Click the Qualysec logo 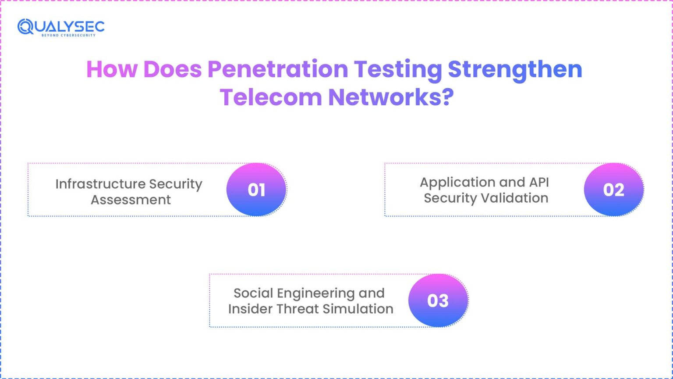pos(61,27)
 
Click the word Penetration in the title pos(277,69)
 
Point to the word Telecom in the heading pos(271,97)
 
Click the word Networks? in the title pos(391,97)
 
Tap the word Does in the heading pos(172,69)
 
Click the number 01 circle pos(256,189)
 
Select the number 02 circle pos(613,189)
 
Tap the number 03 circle pos(438,300)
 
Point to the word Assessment pos(131,200)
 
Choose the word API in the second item pos(538,182)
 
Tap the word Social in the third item pos(253,293)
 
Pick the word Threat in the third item pos(298,309)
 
